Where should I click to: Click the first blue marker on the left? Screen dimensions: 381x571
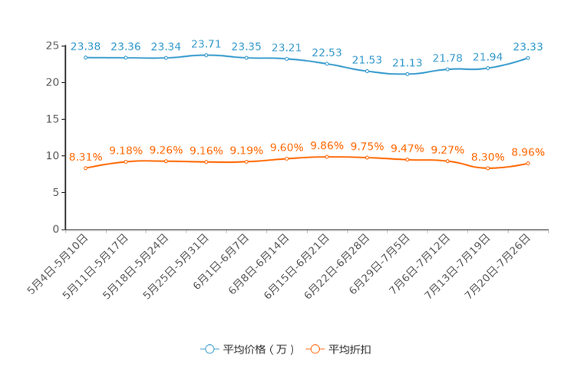click(85, 57)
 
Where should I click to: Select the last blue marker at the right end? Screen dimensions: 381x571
click(528, 57)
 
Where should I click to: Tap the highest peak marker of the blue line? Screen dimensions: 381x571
click(206, 55)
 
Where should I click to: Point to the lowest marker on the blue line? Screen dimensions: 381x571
click(408, 74)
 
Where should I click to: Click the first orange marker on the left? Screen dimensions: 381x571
click(85, 167)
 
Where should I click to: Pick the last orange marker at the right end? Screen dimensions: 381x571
click(528, 163)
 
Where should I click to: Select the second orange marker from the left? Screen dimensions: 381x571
click(126, 161)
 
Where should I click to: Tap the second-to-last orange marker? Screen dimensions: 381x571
click(487, 167)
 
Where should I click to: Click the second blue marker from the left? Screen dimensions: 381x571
click(126, 58)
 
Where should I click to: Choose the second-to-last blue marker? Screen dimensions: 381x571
click(487, 68)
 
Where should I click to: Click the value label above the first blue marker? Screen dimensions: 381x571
click(85, 46)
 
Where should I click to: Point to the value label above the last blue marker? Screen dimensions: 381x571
click(528, 46)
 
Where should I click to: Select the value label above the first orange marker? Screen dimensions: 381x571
click(85, 157)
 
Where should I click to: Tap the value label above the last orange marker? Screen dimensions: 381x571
click(528, 152)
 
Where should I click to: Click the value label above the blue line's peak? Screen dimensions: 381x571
click(206, 44)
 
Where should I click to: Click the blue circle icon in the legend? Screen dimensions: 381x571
click(209, 349)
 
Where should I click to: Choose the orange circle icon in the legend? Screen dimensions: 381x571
click(314, 349)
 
